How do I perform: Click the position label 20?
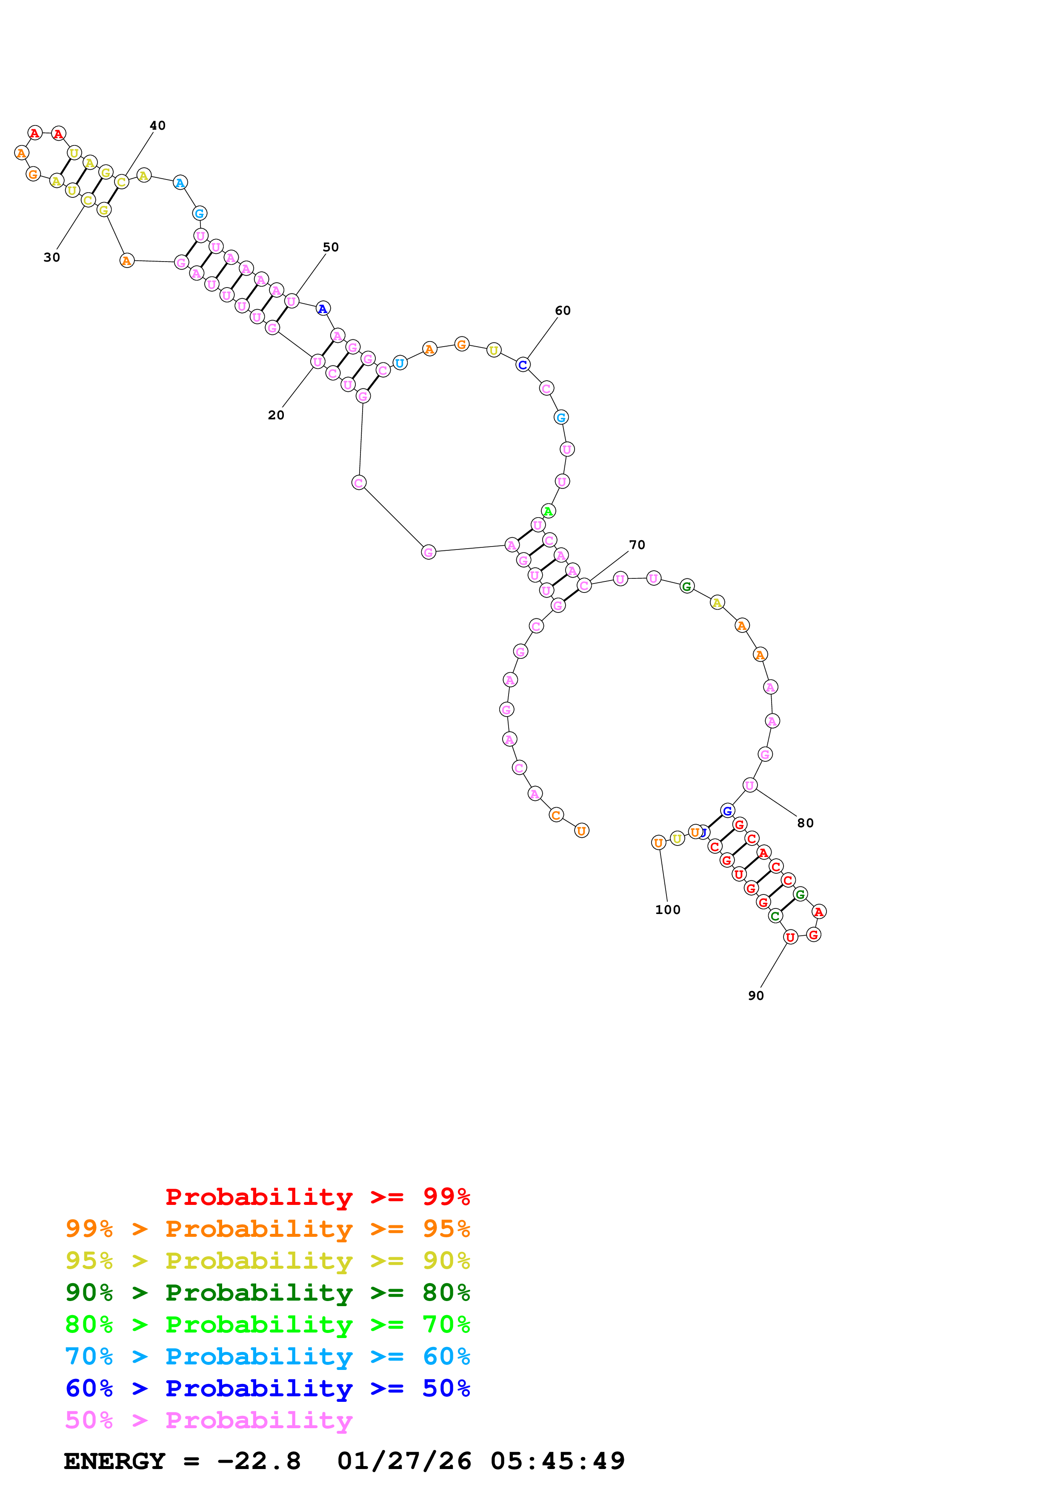(x=276, y=415)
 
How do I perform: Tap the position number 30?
(x=52, y=257)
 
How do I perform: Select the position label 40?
(x=157, y=125)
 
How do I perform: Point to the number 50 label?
(x=331, y=247)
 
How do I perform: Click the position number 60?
(x=563, y=310)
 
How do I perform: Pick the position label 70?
(x=637, y=544)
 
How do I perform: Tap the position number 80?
(x=805, y=823)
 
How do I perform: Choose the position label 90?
(x=756, y=996)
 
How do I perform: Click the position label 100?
(x=668, y=910)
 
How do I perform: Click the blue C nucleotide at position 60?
(x=523, y=365)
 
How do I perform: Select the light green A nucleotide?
(x=548, y=511)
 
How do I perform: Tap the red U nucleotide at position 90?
(x=790, y=937)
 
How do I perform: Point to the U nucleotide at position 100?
(x=658, y=843)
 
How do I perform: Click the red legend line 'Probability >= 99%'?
(x=317, y=1197)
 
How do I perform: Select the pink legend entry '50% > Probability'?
(x=209, y=1421)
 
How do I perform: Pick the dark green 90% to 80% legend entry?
(x=267, y=1293)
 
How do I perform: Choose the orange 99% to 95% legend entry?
(x=267, y=1229)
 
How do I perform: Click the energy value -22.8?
(x=259, y=1461)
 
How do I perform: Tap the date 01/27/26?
(x=404, y=1461)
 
